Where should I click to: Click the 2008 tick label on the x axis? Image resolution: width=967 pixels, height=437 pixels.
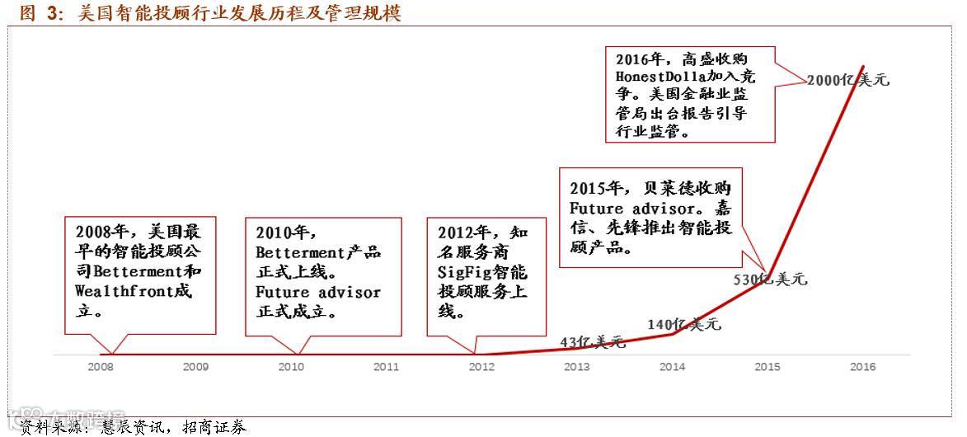tap(101, 367)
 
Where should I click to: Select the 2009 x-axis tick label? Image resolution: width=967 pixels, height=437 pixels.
tap(195, 367)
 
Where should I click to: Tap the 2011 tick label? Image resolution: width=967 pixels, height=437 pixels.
tap(386, 367)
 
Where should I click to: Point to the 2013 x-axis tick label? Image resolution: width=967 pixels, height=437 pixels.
tap(576, 367)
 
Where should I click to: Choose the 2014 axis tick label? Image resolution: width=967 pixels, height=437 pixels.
tap(672, 367)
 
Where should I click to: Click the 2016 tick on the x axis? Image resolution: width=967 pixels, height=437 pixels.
tap(862, 367)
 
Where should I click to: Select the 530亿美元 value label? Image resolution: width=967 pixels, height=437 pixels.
tap(770, 280)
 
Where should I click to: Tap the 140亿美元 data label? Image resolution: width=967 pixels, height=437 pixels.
tap(684, 324)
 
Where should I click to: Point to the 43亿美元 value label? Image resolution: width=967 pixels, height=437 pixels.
tap(593, 341)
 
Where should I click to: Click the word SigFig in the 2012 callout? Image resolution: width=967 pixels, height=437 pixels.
tap(467, 272)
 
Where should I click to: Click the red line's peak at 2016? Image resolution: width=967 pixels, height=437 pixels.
tap(863, 66)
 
